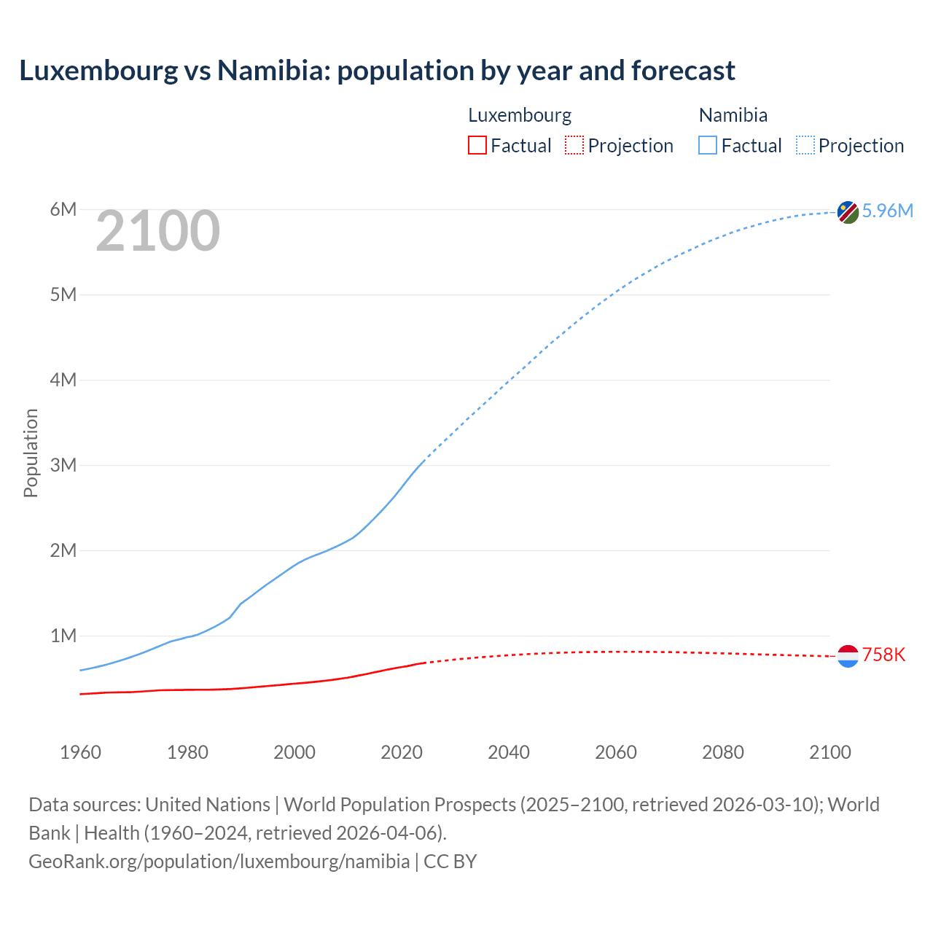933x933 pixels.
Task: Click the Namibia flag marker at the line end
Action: (x=848, y=212)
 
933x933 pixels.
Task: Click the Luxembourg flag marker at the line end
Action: (x=848, y=656)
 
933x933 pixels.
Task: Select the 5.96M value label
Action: (x=887, y=211)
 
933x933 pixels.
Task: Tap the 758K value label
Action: (x=883, y=655)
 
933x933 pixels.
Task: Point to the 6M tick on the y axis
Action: (x=63, y=210)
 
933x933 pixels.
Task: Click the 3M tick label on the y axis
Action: (x=63, y=465)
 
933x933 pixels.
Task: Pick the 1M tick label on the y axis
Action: (x=63, y=636)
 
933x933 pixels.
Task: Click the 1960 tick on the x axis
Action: (x=80, y=752)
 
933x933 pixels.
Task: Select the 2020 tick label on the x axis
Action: (x=402, y=752)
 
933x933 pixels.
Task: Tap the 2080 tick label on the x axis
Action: (x=723, y=752)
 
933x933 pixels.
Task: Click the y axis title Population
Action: (x=31, y=453)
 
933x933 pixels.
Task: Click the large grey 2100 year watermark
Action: (x=157, y=231)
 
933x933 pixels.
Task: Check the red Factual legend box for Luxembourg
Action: (x=477, y=146)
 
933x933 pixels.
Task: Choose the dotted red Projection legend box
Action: (x=574, y=146)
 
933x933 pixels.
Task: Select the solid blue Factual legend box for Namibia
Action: (x=708, y=146)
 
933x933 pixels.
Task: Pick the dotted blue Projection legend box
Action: (x=805, y=146)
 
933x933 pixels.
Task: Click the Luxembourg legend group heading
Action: (x=520, y=115)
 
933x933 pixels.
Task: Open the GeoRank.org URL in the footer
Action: (x=219, y=861)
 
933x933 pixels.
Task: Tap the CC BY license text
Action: (x=450, y=861)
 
